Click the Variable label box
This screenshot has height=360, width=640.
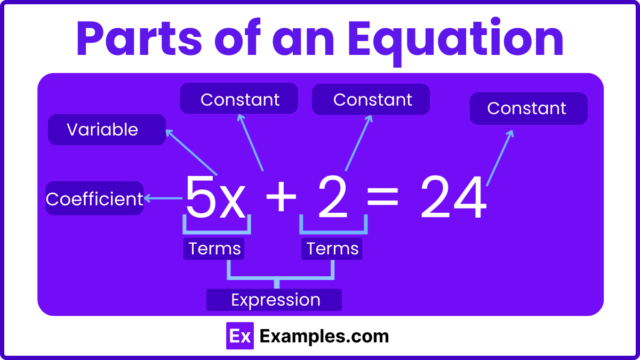pos(107,130)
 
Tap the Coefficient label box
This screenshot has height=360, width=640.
pos(94,199)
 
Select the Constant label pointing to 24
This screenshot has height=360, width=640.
pos(528,109)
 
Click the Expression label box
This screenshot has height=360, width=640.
pos(274,300)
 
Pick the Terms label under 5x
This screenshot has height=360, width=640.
pos(214,249)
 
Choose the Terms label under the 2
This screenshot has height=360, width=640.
pos(332,249)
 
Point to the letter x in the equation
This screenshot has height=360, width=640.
pos(233,203)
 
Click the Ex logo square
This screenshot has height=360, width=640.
pos(239,336)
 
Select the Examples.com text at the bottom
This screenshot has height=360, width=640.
pos(324,336)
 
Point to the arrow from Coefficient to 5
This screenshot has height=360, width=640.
pos(163,199)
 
